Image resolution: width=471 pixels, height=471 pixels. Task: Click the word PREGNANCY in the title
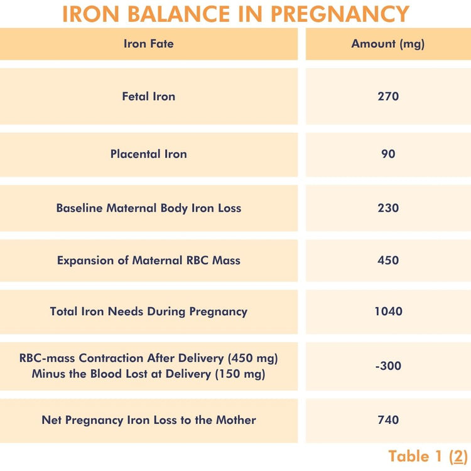(x=338, y=14)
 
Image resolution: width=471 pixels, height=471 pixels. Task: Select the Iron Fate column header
(x=149, y=44)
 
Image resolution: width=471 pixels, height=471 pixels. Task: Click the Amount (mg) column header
(x=388, y=44)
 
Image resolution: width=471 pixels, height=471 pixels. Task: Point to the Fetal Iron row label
(x=149, y=97)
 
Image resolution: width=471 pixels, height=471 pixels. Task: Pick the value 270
(x=388, y=97)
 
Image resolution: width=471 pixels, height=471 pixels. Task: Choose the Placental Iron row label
(x=149, y=154)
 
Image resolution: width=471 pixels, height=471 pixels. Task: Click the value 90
(x=388, y=154)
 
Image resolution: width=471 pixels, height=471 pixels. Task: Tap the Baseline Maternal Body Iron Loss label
(x=149, y=208)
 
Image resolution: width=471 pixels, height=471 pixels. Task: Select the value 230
(x=388, y=208)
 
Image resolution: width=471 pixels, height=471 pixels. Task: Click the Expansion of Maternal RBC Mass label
(x=149, y=260)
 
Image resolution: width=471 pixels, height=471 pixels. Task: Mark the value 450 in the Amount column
(x=388, y=260)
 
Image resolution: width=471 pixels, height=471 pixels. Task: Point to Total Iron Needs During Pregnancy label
(x=149, y=311)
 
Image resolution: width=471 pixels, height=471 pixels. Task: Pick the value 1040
(x=388, y=311)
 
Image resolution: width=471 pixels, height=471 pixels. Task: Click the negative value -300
(x=388, y=366)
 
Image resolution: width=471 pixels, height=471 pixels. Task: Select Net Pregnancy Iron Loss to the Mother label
(x=149, y=420)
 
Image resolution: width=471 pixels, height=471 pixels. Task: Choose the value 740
(x=388, y=420)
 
